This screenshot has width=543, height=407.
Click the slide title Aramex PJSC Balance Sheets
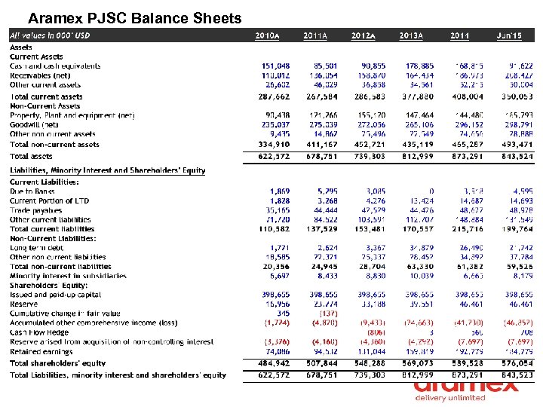(x=134, y=18)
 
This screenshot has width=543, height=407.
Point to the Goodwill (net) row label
(x=34, y=124)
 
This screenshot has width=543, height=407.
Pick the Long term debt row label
(x=37, y=248)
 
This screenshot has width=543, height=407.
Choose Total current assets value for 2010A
(x=273, y=96)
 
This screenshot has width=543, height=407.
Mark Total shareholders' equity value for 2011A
(x=319, y=363)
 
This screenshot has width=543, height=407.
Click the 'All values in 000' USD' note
(x=50, y=35)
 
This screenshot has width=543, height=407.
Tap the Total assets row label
(x=32, y=156)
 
